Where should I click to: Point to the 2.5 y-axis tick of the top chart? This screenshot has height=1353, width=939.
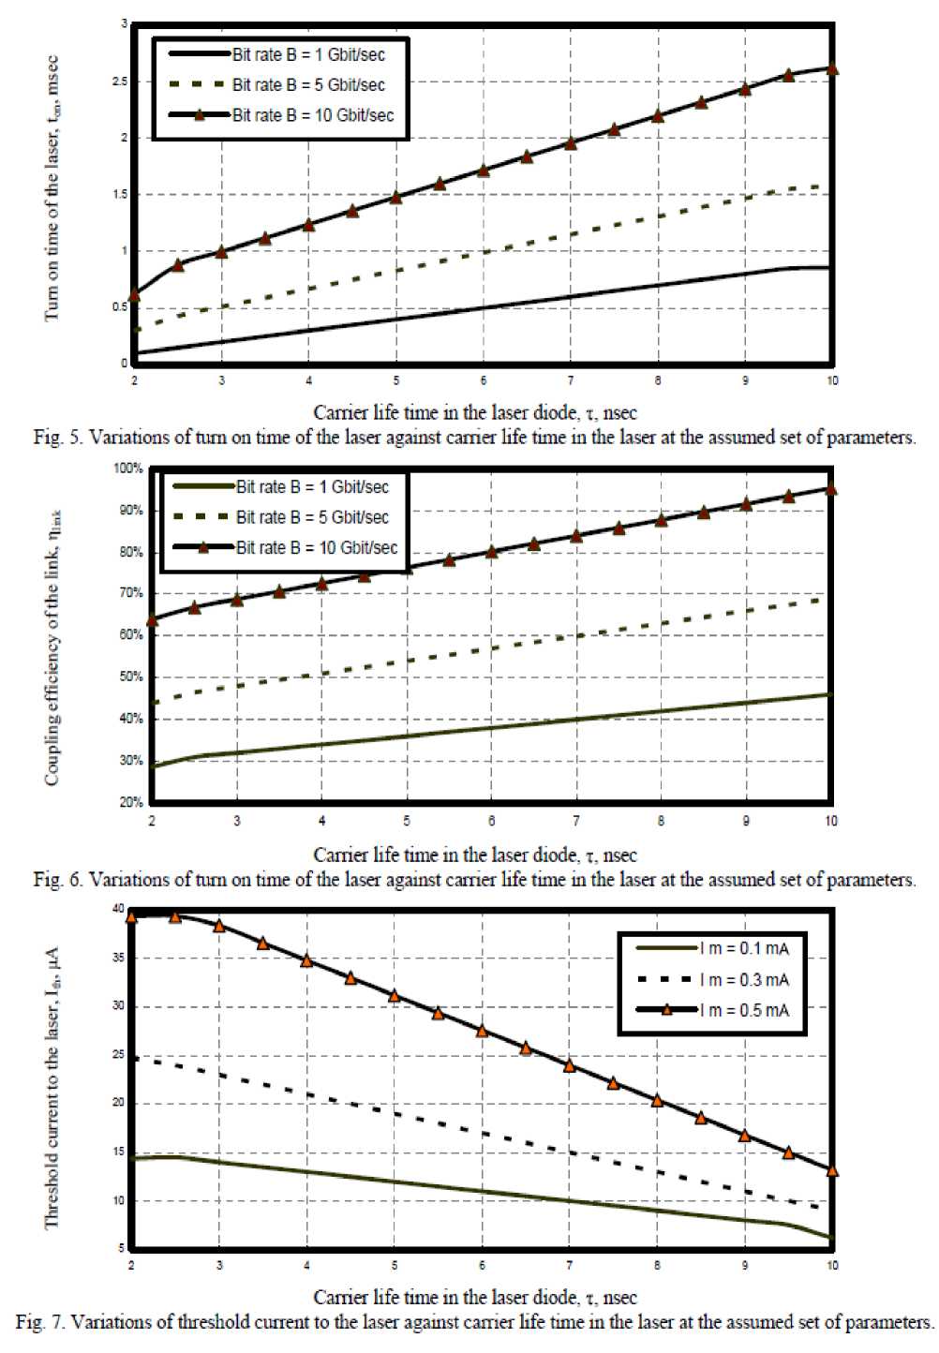click(120, 82)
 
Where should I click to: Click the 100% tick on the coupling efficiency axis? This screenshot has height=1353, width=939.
click(129, 468)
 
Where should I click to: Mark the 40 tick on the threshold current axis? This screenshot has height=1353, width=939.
click(118, 909)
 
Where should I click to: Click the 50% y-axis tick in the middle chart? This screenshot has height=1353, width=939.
click(131, 677)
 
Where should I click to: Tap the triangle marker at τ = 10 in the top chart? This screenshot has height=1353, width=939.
click(832, 68)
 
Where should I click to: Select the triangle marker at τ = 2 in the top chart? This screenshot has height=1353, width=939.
click(134, 295)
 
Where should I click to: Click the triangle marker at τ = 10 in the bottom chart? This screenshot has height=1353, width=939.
click(832, 1170)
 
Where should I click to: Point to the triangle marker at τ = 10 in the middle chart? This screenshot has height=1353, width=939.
click(831, 488)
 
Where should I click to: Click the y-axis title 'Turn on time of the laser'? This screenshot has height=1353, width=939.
click(52, 187)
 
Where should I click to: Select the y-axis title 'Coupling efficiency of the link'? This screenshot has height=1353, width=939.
click(53, 647)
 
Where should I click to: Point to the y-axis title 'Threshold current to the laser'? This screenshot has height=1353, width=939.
click(52, 1087)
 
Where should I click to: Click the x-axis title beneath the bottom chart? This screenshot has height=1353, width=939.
click(474, 1298)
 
